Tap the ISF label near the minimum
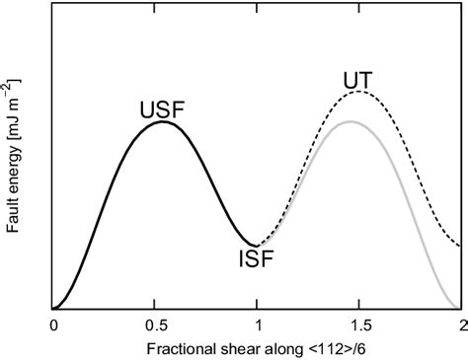click(x=256, y=259)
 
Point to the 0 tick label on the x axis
click(x=54, y=323)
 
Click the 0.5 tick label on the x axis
click(x=156, y=323)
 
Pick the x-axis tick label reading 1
click(x=258, y=323)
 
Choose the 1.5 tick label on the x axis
click(x=359, y=323)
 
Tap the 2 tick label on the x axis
click(x=461, y=323)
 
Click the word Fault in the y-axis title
click(x=12, y=219)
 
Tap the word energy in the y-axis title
click(x=12, y=175)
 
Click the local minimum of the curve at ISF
click(x=256, y=246)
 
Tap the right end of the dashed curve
click(x=461, y=245)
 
